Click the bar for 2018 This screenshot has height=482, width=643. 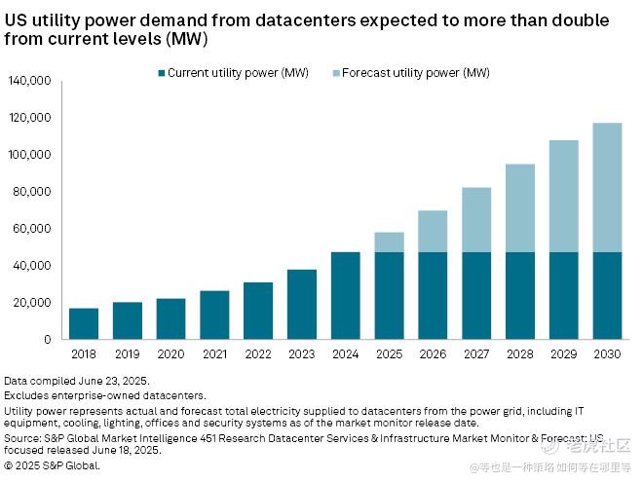[84, 323]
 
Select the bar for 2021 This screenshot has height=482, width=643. [214, 315]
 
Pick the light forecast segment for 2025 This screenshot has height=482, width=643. [390, 242]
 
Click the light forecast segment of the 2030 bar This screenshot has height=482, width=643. [608, 188]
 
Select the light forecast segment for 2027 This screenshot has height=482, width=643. [476, 220]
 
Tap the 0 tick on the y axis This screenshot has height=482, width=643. [47, 340]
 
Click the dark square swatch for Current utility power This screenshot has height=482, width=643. [161, 73]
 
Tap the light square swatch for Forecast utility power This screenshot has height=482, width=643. [336, 73]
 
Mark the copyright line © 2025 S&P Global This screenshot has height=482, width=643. [53, 465]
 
